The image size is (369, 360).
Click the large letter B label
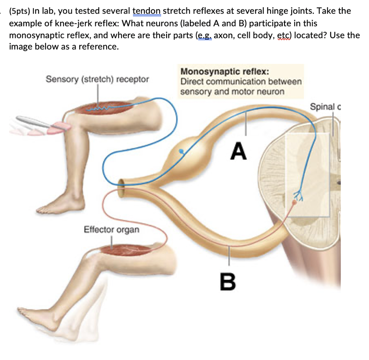[228, 282]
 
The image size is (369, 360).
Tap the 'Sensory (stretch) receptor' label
[97, 79]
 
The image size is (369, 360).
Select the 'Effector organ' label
[111, 229]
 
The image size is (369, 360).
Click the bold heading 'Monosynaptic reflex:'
[224, 71]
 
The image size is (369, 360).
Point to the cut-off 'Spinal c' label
[325, 107]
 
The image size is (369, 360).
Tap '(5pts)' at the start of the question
[22, 11]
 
